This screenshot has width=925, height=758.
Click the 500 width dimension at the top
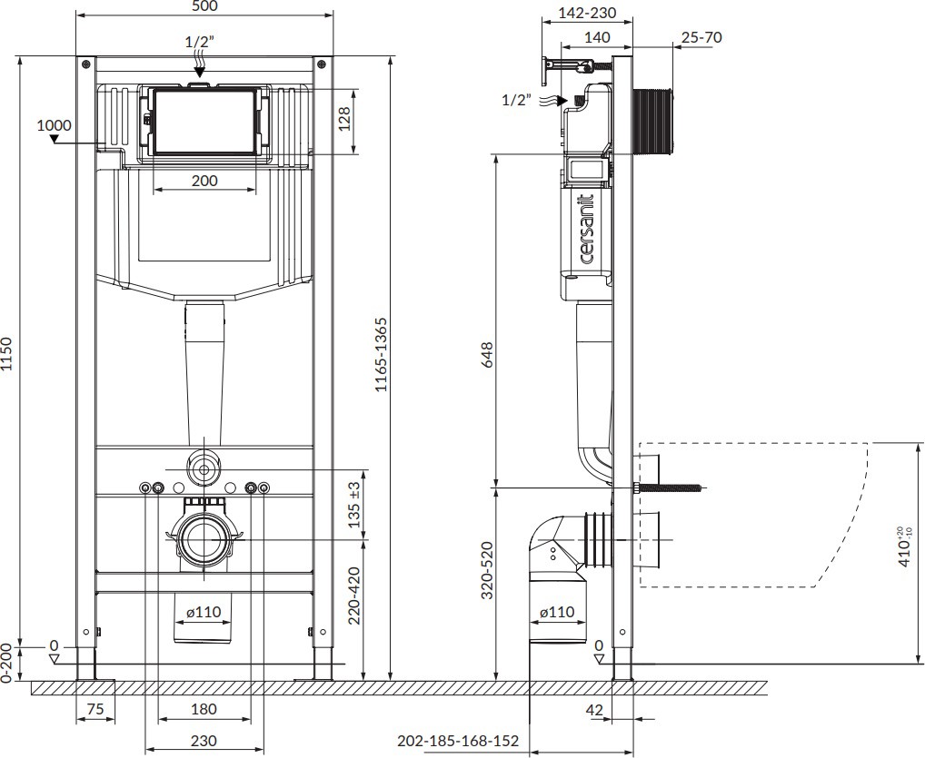pos(204,6)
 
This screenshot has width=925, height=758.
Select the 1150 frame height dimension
pos(6,354)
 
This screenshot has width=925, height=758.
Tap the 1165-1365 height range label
pos(381,355)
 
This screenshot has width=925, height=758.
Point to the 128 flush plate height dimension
pos(344,119)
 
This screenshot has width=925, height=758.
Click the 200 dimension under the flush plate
pos(204,181)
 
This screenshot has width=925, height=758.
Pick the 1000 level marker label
pos(54,125)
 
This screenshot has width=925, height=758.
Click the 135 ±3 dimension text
pos(354,505)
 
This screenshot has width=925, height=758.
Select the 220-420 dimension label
pos(354,596)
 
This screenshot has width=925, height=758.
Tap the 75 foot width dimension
pos(95,708)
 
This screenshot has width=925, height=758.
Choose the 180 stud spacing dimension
pos(204,708)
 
